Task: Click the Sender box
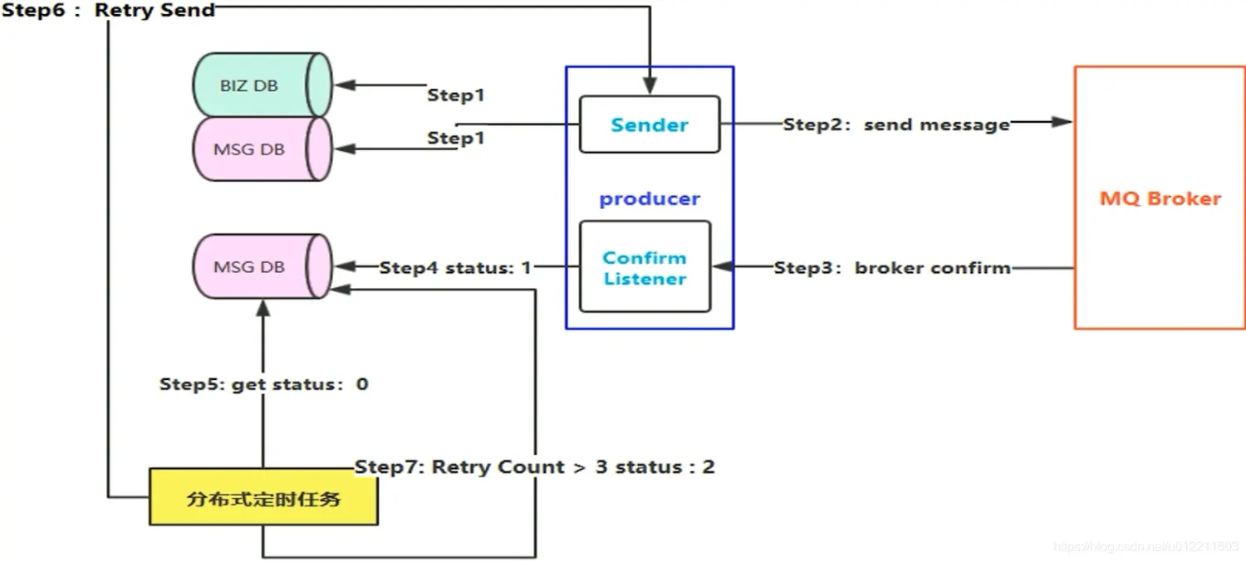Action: pos(649,124)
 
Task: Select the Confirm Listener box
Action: pos(645,267)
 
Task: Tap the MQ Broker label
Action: pos(1160,199)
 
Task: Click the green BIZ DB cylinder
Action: pos(261,85)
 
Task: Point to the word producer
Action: pos(650,199)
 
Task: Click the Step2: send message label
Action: pos(896,124)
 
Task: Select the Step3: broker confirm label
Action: pos(892,268)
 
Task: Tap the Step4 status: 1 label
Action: pos(455,268)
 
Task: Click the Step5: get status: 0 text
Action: pos(264,384)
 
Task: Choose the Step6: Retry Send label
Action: pos(109,11)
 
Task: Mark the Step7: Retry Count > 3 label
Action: pos(535,466)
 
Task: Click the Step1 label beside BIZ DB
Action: pos(455,95)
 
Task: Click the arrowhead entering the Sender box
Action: pos(650,85)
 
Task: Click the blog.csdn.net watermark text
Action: pos(1145,547)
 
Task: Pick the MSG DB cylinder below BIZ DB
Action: pos(261,149)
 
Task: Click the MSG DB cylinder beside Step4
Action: pos(261,266)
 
